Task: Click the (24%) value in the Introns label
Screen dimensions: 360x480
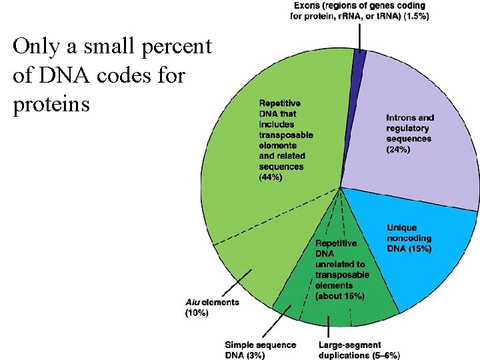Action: coord(399,150)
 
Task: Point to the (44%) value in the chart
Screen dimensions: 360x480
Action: coord(271,177)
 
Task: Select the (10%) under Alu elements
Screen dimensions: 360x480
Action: coord(197,313)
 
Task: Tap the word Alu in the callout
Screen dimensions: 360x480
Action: coord(193,302)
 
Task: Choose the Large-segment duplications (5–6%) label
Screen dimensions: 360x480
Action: coord(359,350)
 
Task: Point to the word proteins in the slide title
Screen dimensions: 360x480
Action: coord(51,105)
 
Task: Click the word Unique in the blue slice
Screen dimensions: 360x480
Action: coord(402,228)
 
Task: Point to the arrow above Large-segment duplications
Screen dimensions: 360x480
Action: coord(329,327)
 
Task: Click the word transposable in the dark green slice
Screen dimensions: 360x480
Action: coord(342,275)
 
